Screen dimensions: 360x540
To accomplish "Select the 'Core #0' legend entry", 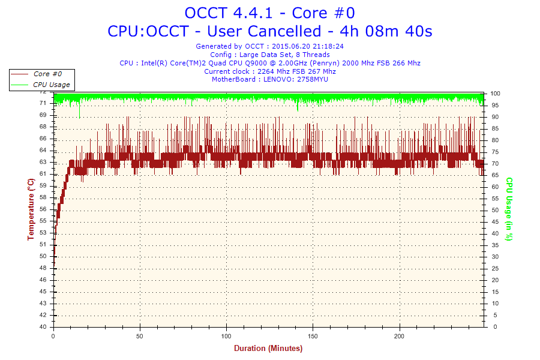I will (x=47, y=74).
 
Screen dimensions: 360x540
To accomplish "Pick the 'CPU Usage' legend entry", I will (x=51, y=85).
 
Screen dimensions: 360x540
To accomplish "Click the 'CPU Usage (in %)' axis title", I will (x=509, y=209).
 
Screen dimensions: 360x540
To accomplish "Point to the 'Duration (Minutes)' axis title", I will (x=268, y=349).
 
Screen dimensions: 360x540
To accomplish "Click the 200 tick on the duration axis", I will (x=400, y=335).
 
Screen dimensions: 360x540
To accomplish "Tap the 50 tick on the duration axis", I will (x=140, y=335).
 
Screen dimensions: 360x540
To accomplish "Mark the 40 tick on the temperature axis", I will (x=43, y=327).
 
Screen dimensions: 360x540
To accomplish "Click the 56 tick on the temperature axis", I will (x=43, y=209).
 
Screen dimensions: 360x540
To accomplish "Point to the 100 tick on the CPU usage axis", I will (x=496, y=94).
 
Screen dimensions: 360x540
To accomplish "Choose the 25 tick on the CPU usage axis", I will (x=494, y=269).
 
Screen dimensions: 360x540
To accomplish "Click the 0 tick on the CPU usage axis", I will (x=492, y=327).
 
